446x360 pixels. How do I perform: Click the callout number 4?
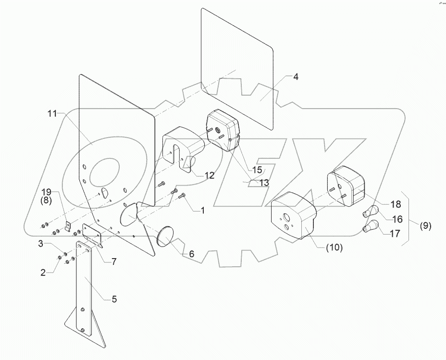click(x=296, y=77)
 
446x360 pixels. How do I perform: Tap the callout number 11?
click(x=52, y=113)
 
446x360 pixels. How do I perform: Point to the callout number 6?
click(x=191, y=254)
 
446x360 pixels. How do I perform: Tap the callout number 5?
click(x=114, y=299)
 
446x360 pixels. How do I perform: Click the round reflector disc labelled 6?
click(x=166, y=238)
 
